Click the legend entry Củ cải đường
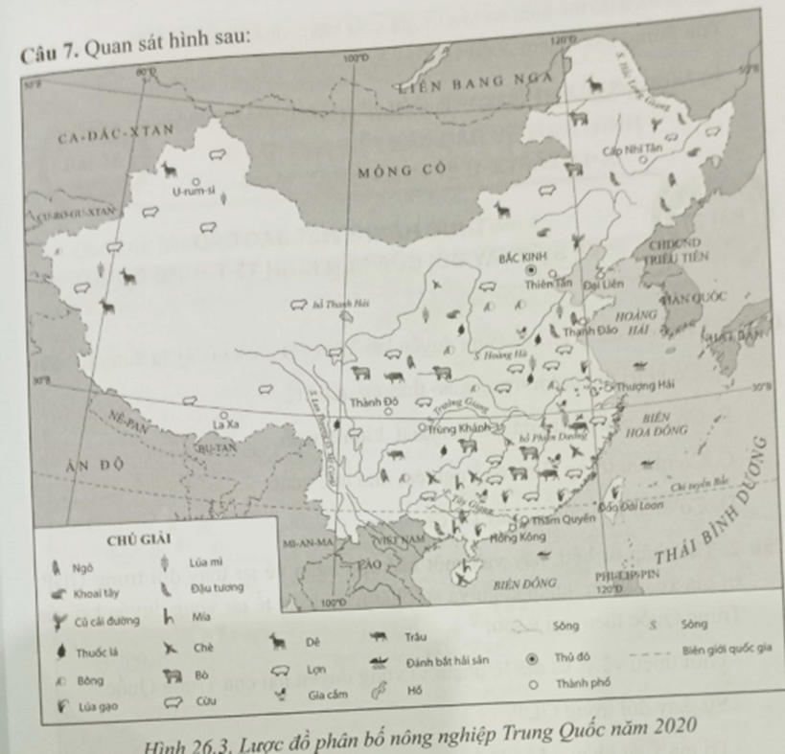(x=106, y=620)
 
